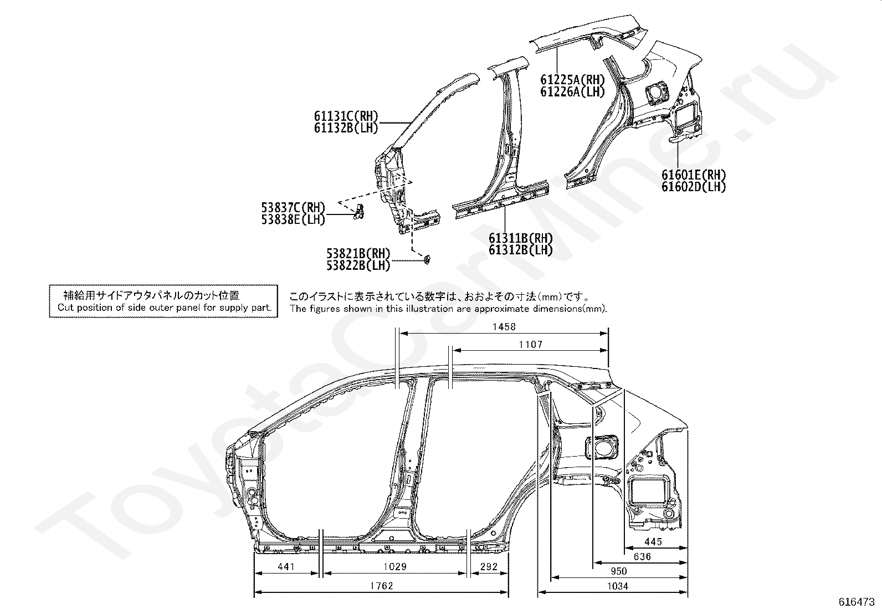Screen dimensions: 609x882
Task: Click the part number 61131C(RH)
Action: (x=346, y=116)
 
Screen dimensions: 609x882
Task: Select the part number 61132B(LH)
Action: (x=346, y=127)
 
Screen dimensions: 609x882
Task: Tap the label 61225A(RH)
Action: (x=573, y=80)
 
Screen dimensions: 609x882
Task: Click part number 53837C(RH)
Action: (x=293, y=208)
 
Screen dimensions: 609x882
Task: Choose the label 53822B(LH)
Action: (x=358, y=265)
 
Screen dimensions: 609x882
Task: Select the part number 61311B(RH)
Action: (x=521, y=238)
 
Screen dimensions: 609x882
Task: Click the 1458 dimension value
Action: (x=504, y=327)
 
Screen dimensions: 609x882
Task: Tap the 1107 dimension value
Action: (x=531, y=345)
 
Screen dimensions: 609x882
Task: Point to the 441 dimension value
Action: (x=286, y=567)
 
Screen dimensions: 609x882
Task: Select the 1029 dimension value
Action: (x=395, y=567)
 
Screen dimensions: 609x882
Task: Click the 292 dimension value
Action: (x=489, y=567)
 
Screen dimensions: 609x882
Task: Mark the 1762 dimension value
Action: (x=381, y=586)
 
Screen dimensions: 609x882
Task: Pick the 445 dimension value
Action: (x=653, y=542)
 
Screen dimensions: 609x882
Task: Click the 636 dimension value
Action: (x=642, y=556)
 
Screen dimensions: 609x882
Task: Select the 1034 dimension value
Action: (x=617, y=586)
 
